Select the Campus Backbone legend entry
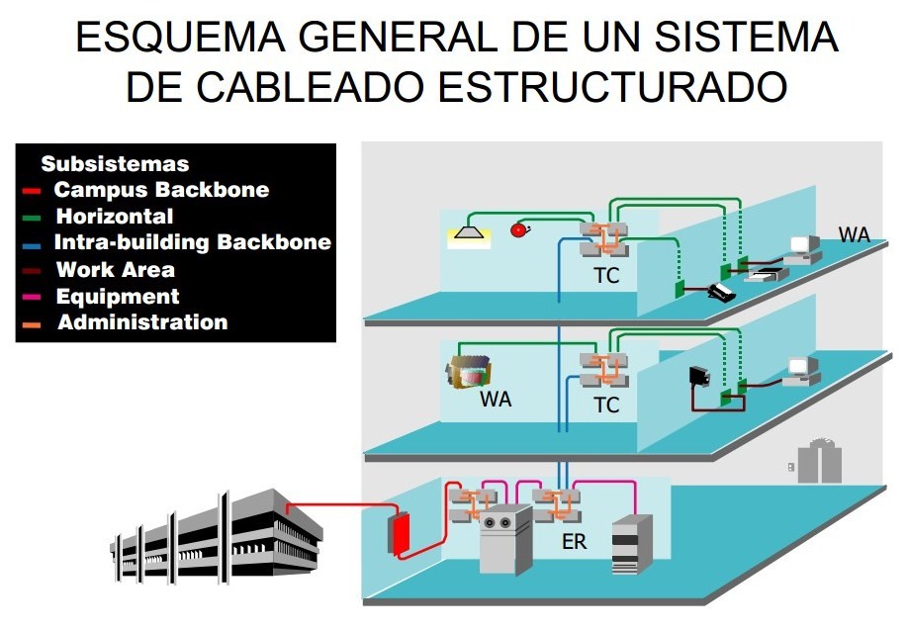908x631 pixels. pyautogui.click(x=160, y=190)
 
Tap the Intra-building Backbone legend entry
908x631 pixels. pyautogui.click(x=192, y=242)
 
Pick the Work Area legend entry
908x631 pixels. pyautogui.click(x=115, y=269)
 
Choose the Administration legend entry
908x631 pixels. pyautogui.click(x=141, y=322)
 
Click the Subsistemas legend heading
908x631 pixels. pyautogui.click(x=114, y=164)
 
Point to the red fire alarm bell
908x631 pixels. pyautogui.click(x=520, y=230)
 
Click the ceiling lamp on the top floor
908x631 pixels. pyautogui.click(x=465, y=235)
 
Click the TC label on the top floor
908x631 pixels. pyautogui.click(x=606, y=276)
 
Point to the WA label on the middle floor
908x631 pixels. pyautogui.click(x=496, y=400)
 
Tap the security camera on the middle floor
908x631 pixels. pyautogui.click(x=700, y=377)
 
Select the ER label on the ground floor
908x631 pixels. pyautogui.click(x=574, y=542)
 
